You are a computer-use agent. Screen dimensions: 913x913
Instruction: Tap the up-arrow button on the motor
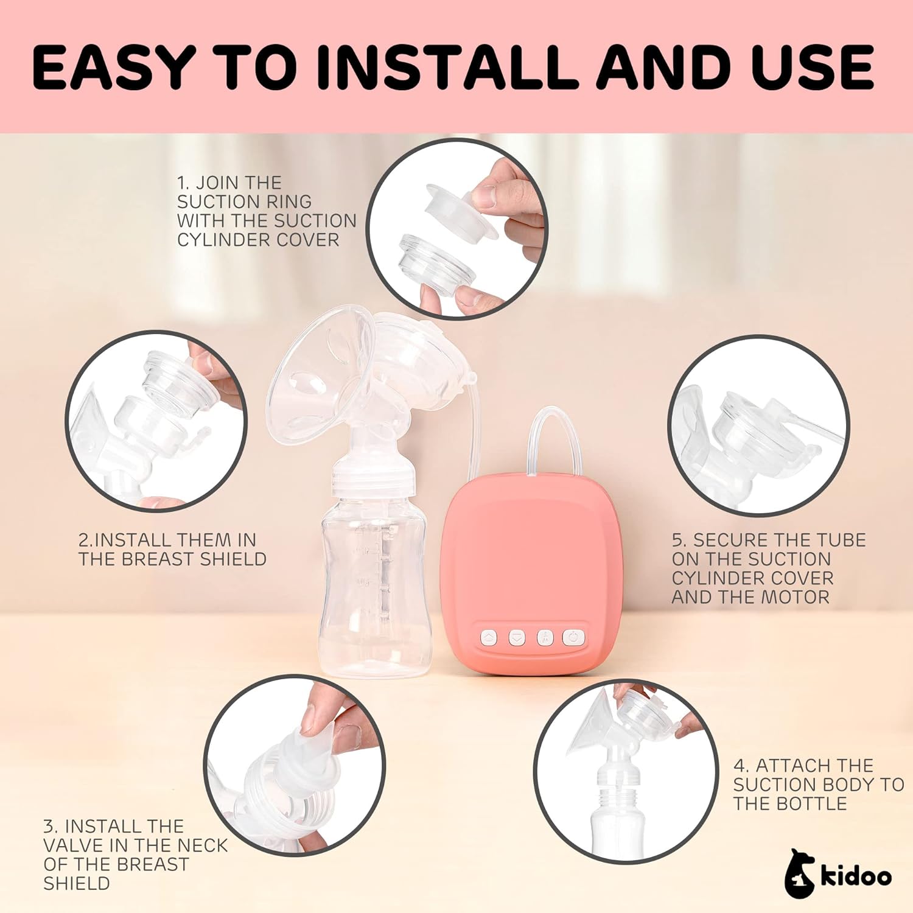(489, 637)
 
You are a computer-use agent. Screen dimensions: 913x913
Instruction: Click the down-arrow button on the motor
(516, 637)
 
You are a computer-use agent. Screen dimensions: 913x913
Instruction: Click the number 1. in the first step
(184, 183)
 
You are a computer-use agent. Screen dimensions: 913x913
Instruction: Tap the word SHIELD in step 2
(233, 559)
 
